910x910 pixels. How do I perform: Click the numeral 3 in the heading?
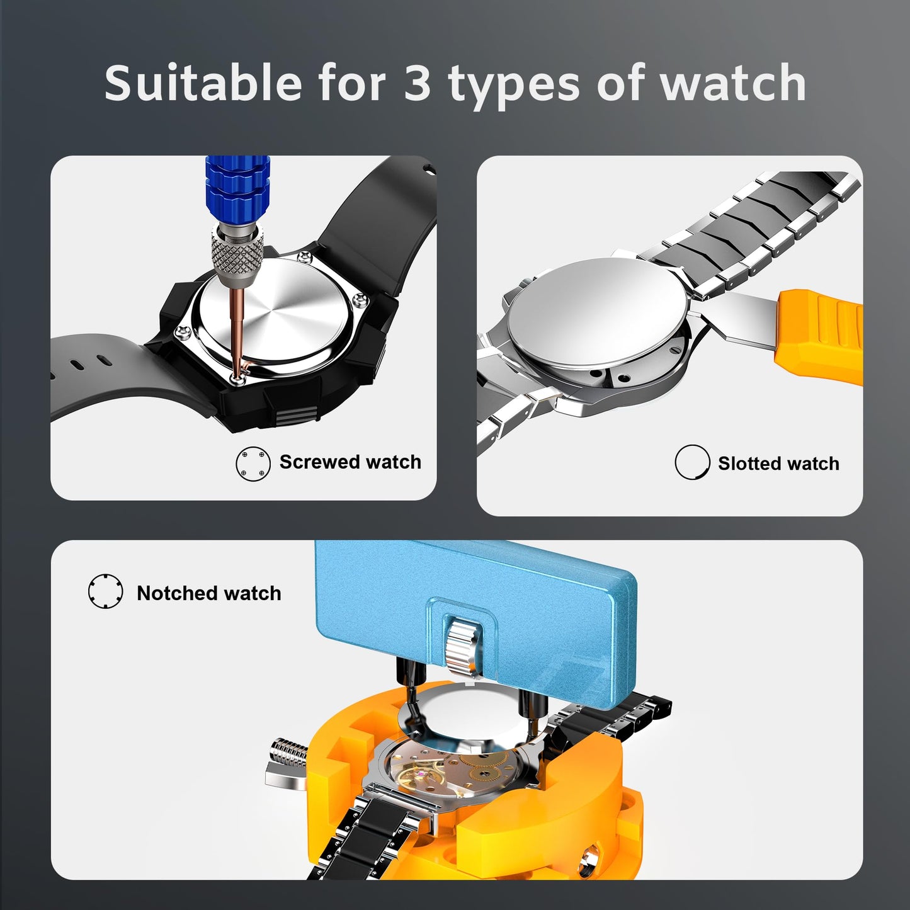tap(416, 83)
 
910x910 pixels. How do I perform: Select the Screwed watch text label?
tap(350, 462)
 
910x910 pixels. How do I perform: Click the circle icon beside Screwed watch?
tap(253, 464)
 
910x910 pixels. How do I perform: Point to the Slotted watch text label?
tap(778, 464)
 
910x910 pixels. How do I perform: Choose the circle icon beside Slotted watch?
tap(692, 462)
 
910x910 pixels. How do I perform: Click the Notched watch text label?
tap(209, 593)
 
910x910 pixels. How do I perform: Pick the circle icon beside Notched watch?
tap(105, 591)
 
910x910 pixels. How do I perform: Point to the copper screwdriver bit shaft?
tap(238, 327)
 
